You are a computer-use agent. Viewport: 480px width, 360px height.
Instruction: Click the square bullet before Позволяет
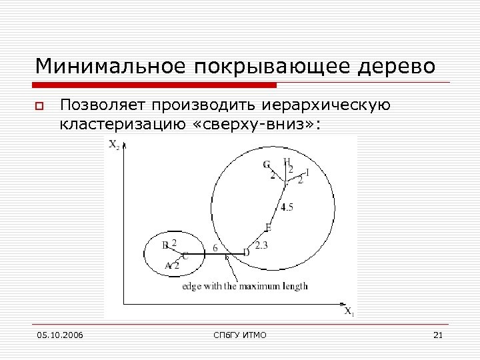40,106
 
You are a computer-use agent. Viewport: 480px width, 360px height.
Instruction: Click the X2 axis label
114,146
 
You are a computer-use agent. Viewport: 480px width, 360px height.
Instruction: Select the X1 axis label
349,311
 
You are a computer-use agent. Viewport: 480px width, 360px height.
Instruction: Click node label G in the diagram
267,164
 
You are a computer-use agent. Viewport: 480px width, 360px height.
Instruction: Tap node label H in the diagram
287,161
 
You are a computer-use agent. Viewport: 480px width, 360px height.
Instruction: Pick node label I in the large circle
307,172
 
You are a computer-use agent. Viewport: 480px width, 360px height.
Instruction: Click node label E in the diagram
268,227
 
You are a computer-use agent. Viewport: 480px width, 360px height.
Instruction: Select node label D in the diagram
246,252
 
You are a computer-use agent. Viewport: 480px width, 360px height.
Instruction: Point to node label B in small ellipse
165,245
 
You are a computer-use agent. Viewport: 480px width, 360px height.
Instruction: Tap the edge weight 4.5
287,207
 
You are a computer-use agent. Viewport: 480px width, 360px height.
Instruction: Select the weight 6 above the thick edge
215,247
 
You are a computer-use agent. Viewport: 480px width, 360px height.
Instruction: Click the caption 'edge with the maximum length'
245,286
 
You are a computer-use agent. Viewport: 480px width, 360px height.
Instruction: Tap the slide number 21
438,335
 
